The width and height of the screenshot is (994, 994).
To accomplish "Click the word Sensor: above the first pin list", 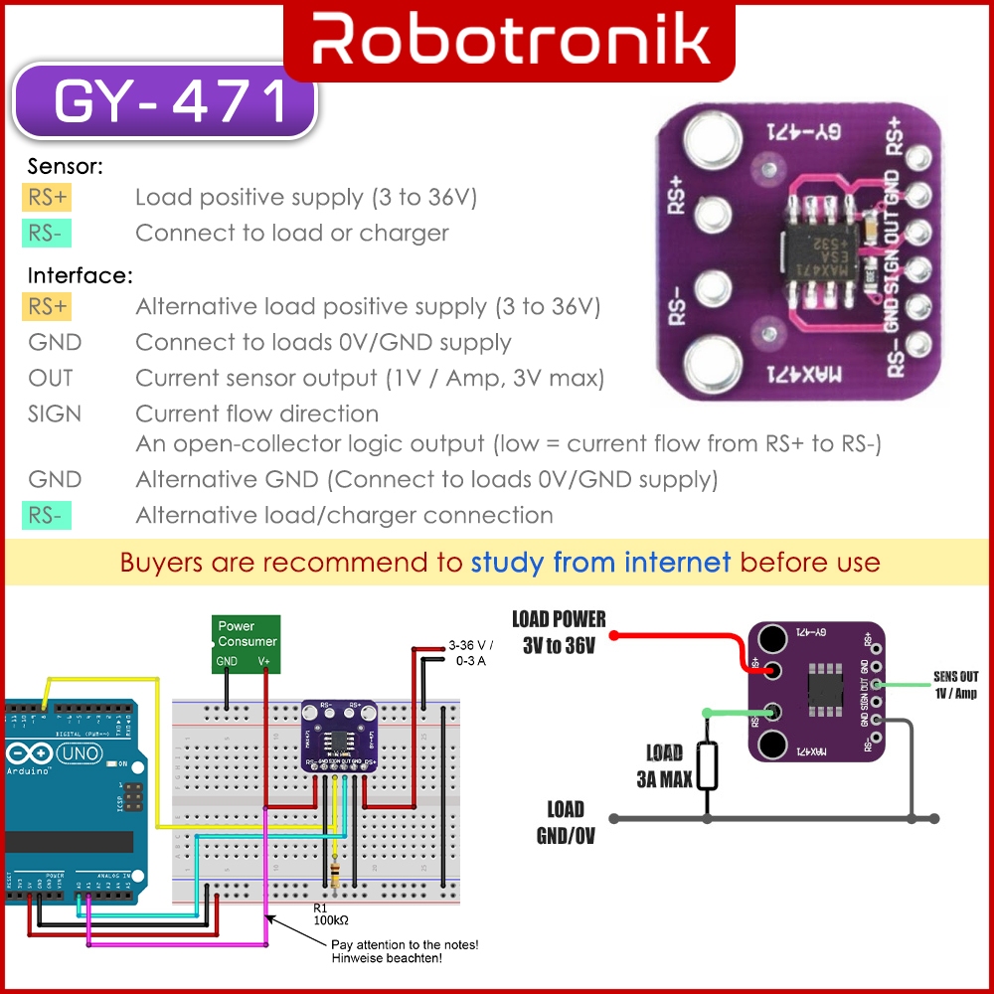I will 66,167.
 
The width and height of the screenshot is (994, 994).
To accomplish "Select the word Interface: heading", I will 81,275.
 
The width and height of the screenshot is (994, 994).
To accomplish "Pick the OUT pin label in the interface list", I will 51,378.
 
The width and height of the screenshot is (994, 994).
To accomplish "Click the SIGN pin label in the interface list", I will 55,414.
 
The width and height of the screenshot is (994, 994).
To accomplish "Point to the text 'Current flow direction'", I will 256,414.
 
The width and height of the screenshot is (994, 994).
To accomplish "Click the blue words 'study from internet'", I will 600,563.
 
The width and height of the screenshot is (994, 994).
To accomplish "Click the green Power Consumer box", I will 248,642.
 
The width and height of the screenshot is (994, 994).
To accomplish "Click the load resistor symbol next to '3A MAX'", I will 707,765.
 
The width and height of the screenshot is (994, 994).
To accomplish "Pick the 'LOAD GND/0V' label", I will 566,822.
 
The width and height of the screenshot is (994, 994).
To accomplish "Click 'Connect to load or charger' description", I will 291,234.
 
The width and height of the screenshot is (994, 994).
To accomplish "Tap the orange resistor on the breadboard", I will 335,875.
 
